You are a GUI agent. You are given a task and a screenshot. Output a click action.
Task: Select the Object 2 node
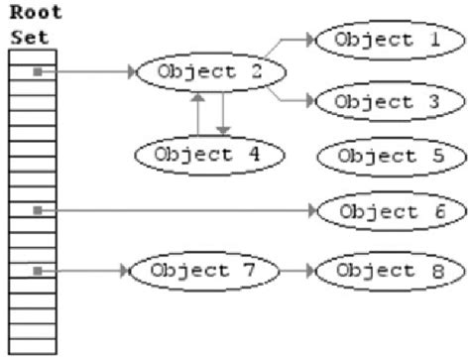click(210, 71)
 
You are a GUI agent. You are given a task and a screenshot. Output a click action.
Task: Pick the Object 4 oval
click(210, 154)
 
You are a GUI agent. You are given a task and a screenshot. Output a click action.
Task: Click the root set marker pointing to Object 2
click(37, 71)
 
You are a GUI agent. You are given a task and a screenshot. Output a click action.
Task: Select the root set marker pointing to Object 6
click(37, 211)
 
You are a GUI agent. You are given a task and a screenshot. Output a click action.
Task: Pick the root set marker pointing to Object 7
click(37, 269)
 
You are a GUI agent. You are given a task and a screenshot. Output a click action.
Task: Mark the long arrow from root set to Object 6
click(178, 211)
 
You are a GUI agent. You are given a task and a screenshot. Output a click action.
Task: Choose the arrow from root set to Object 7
click(84, 269)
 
